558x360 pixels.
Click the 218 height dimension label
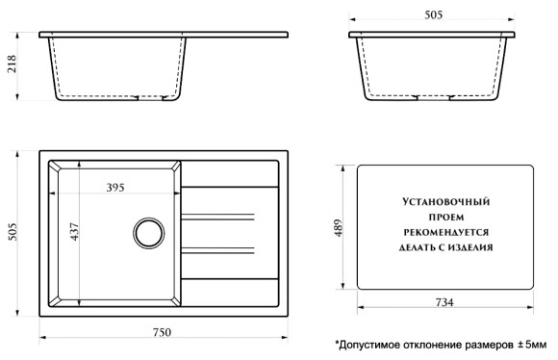(12, 66)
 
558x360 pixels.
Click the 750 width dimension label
(163, 332)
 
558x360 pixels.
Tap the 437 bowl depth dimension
(74, 232)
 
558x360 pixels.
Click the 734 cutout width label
(444, 302)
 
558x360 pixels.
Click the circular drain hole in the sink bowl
(149, 232)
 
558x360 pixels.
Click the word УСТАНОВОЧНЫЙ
(444, 203)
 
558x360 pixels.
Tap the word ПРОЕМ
(444, 218)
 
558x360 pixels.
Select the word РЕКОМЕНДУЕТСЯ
(444, 232)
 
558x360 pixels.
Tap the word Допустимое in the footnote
(371, 344)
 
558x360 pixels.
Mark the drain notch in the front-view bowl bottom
(144, 97)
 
